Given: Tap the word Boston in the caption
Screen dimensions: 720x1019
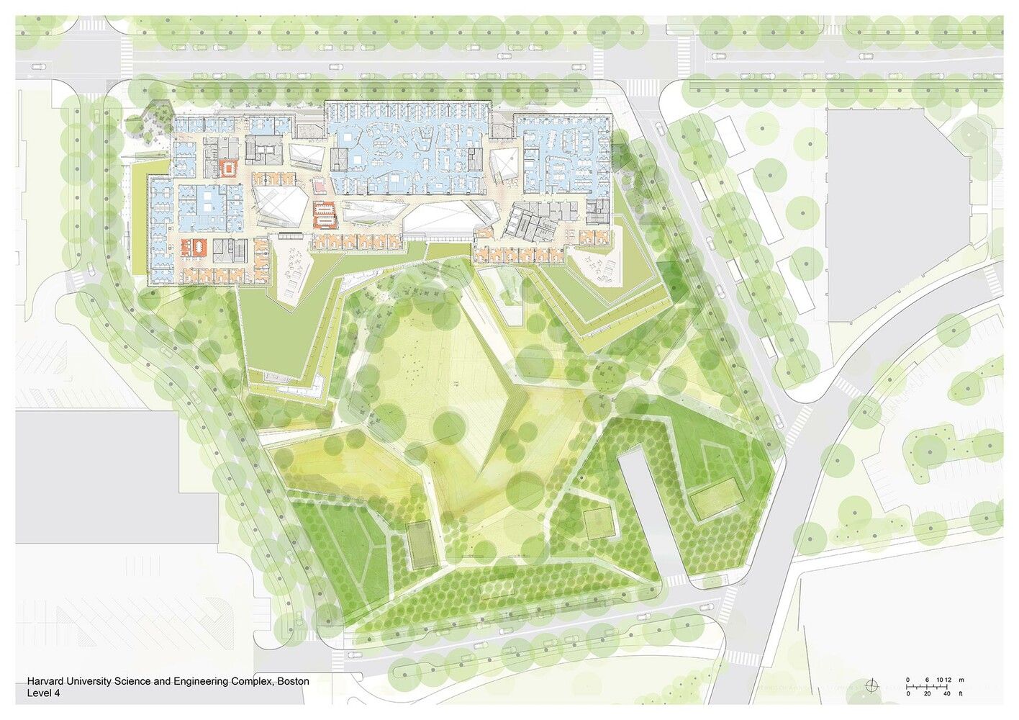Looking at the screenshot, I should click(x=293, y=681).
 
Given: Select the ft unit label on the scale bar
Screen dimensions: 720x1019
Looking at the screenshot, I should click(x=960, y=693).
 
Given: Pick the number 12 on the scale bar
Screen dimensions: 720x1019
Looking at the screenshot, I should click(x=948, y=680).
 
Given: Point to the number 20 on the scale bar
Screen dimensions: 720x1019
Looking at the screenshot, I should click(x=927, y=693).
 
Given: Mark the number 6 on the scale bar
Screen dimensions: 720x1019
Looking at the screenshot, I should click(x=928, y=680).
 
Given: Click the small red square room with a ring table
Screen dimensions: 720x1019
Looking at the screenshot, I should click(x=229, y=168).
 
